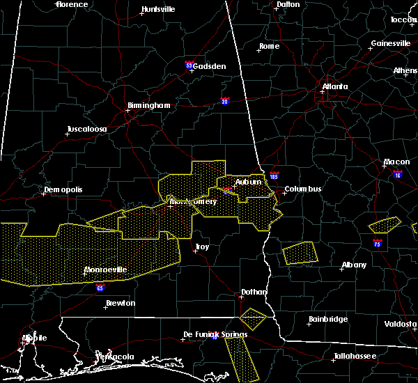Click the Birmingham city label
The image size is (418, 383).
[x=148, y=106]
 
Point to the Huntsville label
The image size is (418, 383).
[x=158, y=10]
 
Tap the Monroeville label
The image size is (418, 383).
[x=105, y=269]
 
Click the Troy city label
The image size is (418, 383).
[x=201, y=247]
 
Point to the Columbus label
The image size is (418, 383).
[x=302, y=189]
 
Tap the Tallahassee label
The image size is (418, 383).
[x=354, y=356]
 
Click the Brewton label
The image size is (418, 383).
[x=121, y=304]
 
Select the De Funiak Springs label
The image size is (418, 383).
[x=215, y=335]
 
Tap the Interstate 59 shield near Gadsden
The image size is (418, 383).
[x=189, y=65]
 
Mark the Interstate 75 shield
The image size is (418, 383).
[x=377, y=244]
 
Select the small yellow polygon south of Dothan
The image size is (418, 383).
[x=253, y=318]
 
